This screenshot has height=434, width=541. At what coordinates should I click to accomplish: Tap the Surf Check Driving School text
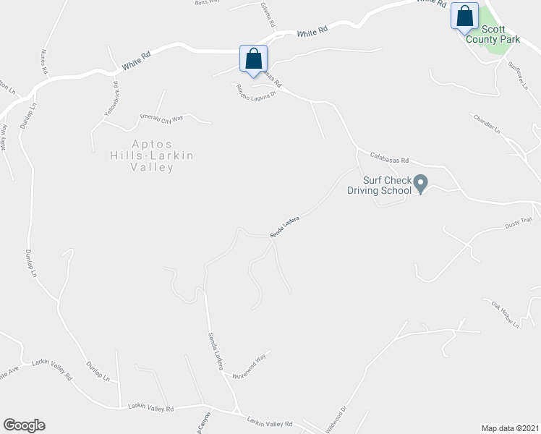tap(379, 185)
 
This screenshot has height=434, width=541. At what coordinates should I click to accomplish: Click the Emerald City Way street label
tap(162, 117)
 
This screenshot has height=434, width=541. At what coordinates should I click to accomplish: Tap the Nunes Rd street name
tap(44, 63)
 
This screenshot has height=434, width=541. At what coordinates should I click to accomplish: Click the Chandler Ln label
tap(486, 123)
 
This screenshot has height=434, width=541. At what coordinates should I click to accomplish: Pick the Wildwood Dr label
tap(339, 418)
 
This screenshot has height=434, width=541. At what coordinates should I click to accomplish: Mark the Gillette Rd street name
tap(268, 14)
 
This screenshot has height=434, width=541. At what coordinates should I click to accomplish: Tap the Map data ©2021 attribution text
tap(509, 427)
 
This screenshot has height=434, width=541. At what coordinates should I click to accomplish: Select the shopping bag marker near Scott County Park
tap(464, 16)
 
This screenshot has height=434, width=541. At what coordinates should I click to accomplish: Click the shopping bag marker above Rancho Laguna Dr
tap(253, 59)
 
